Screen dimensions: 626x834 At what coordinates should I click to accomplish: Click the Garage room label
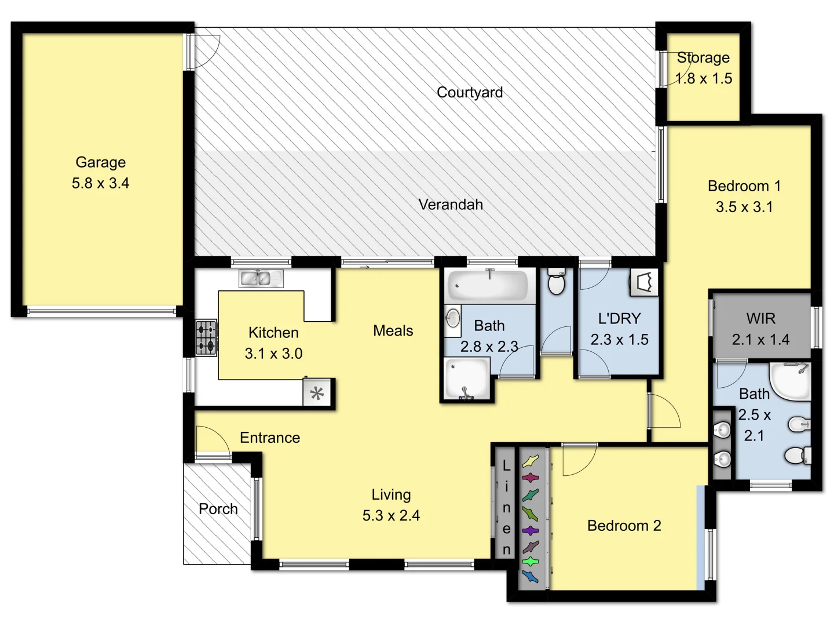coord(100,162)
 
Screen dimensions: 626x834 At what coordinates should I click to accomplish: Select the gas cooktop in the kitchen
coord(206,337)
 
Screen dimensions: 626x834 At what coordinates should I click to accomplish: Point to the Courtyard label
coord(469,92)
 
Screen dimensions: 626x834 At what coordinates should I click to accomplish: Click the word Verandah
coord(450,204)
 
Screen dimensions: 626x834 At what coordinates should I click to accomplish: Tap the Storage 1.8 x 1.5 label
coord(703,67)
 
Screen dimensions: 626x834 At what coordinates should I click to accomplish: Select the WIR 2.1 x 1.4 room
coord(760,328)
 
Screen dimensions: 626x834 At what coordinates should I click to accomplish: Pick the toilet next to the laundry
coord(556,282)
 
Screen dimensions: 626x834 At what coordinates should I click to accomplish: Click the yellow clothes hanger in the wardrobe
coord(530,462)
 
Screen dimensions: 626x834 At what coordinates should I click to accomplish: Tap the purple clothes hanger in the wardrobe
coord(530,530)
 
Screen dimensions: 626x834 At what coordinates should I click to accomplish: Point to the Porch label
coord(218,508)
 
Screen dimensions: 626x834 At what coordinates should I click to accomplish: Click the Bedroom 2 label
coord(623,525)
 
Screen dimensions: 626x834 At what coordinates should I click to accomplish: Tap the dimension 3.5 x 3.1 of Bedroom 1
coord(744,207)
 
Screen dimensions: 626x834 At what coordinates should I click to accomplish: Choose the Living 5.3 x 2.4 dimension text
coord(391,515)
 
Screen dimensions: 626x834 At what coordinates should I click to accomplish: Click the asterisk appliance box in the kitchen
coord(317,394)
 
